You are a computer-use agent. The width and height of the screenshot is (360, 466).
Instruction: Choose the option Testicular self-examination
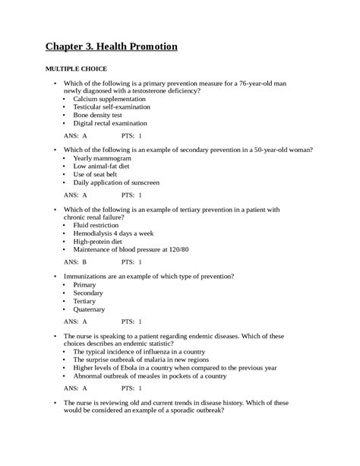pyautogui.click(x=110, y=107)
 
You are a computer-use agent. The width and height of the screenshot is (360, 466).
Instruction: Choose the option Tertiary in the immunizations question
pyautogui.click(x=85, y=300)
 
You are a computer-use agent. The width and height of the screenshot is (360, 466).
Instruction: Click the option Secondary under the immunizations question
pyautogui.click(x=88, y=293)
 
